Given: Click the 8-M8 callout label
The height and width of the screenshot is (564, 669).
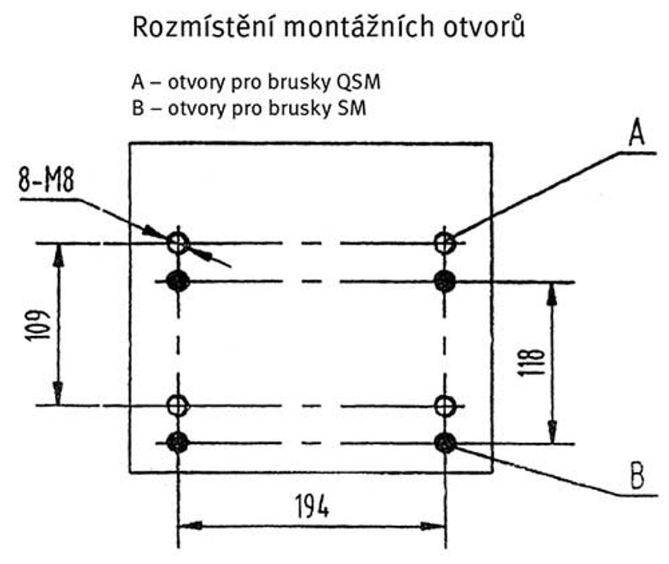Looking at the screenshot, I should click(x=46, y=181).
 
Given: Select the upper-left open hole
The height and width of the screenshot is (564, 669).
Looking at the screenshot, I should click(x=178, y=243).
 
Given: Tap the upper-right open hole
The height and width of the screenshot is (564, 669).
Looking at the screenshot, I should click(x=445, y=243).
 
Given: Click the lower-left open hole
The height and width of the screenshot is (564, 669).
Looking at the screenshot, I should click(x=178, y=405).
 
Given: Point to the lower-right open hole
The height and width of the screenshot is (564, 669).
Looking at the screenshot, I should click(x=445, y=405).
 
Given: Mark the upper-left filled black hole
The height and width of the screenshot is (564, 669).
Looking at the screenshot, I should click(x=178, y=281).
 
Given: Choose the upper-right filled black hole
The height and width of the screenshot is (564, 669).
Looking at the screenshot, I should click(x=445, y=281).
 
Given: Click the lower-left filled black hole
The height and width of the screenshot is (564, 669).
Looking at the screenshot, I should click(x=178, y=443).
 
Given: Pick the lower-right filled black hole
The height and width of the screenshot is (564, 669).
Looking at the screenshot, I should click(x=445, y=443).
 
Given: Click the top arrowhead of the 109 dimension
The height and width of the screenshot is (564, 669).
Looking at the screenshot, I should click(x=59, y=252).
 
